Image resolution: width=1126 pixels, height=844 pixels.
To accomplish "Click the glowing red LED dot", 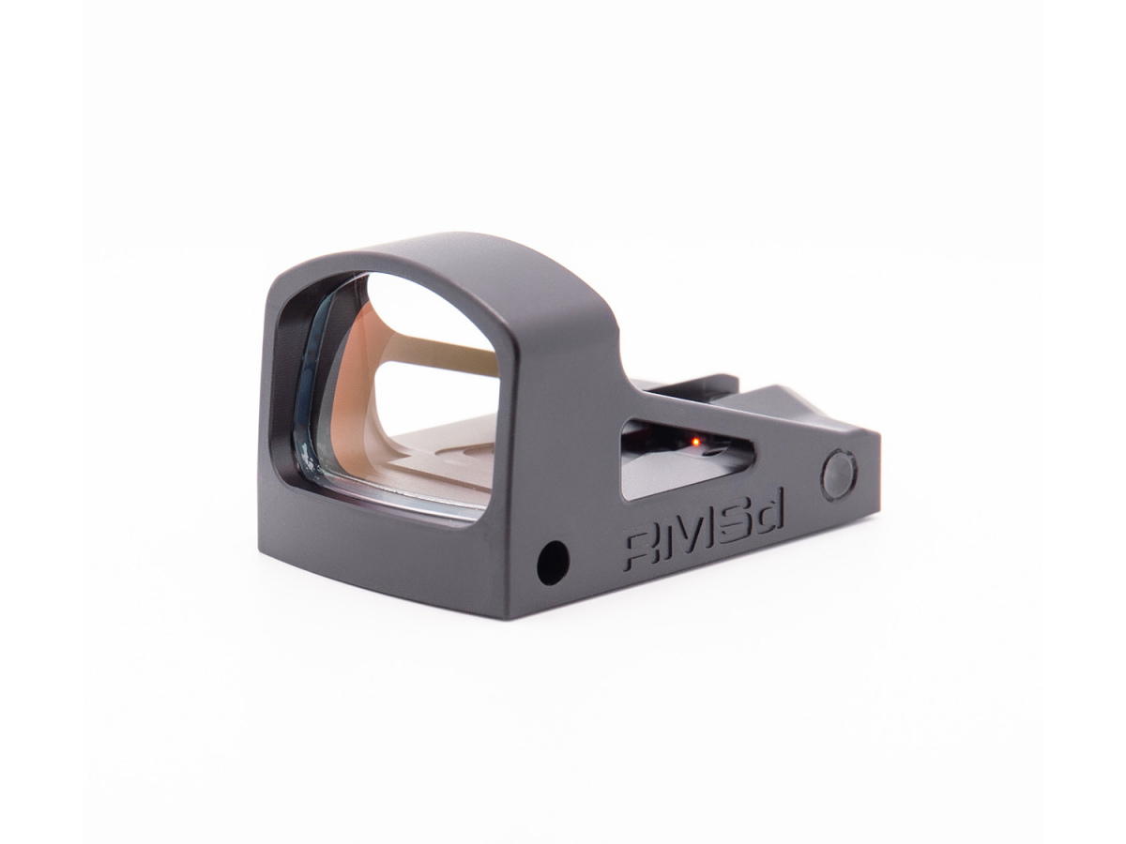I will (695, 440).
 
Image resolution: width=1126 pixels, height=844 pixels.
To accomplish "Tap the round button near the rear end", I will (838, 475).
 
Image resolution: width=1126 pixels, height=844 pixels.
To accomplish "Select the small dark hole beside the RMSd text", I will (553, 563).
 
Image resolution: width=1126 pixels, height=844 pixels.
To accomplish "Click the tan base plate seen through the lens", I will (441, 450).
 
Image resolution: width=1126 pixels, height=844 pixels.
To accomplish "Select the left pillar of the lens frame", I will (278, 394).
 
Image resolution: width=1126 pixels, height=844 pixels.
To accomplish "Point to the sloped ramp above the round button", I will (807, 413).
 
